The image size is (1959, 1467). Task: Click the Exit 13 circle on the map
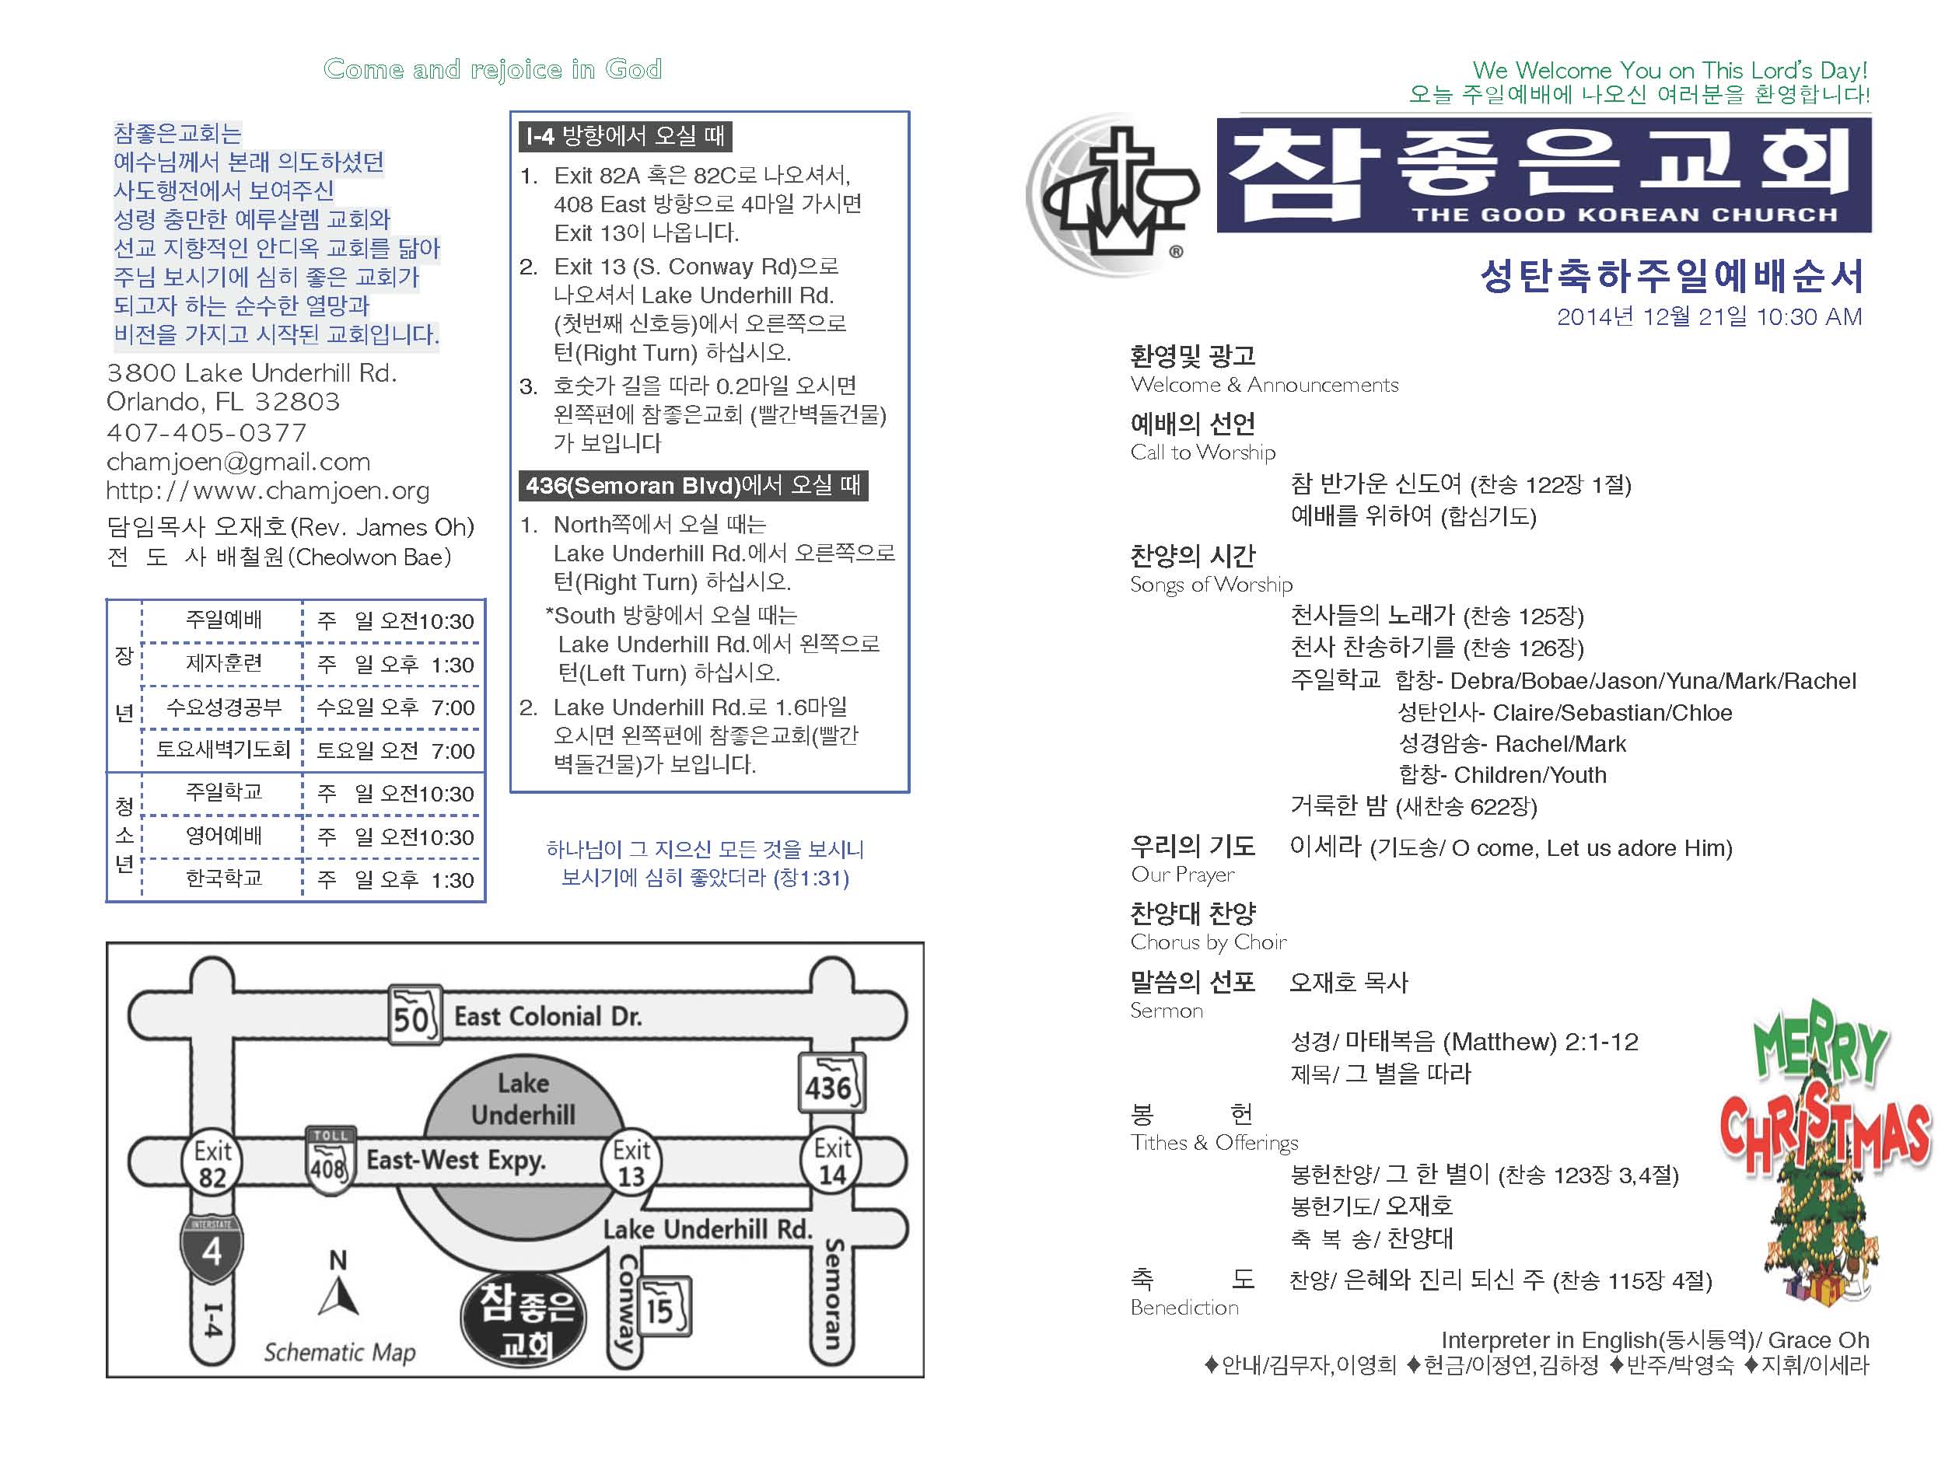click(x=631, y=1161)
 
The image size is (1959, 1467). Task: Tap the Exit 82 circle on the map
click(x=212, y=1163)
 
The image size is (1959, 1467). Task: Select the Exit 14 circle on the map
click(x=831, y=1161)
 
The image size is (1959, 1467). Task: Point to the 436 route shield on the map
click(x=831, y=1084)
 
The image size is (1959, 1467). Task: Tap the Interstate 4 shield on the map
click(x=212, y=1249)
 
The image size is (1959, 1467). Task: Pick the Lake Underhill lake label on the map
click(x=523, y=1099)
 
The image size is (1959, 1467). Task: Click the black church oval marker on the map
click(x=524, y=1321)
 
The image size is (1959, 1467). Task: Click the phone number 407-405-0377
click(x=206, y=432)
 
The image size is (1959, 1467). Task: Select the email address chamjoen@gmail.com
click(x=238, y=461)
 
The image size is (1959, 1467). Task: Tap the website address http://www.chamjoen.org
click(x=268, y=491)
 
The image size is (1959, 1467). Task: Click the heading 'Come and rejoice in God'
click(x=492, y=69)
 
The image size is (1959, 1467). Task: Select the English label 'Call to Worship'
click(x=1202, y=452)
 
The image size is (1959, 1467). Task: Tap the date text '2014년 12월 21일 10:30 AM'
click(x=1709, y=317)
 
